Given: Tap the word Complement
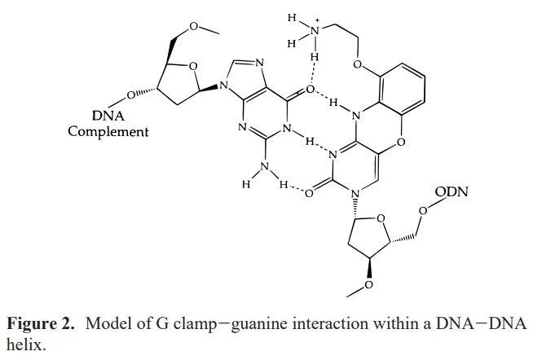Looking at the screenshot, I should [x=108, y=130].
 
